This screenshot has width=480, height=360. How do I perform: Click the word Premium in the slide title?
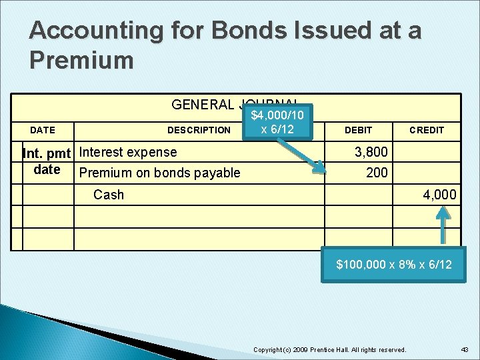pos(82,60)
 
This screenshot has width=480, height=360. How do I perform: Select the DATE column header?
pos(43,130)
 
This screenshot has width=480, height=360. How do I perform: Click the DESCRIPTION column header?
pos(199,130)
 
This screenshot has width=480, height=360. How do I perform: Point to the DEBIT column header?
pos(358,130)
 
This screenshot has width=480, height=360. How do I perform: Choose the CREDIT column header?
pos(427,130)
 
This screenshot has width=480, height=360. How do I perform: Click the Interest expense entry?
pos(128,152)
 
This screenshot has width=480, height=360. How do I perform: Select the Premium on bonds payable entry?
pos(159,173)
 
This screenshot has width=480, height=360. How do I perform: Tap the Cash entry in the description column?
pos(109,195)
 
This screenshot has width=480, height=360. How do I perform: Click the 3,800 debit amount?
pos(371,152)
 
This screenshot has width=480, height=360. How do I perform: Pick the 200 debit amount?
pos(377,173)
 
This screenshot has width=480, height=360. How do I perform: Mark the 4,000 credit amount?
pos(440,195)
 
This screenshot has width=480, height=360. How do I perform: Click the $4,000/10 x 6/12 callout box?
pos(277,122)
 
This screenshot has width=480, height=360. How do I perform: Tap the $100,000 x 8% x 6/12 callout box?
pos(393,265)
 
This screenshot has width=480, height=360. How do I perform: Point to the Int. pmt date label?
pos(47,161)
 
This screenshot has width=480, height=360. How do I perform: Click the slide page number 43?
pos(464,350)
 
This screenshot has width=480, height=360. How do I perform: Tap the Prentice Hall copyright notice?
pos(330,350)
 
